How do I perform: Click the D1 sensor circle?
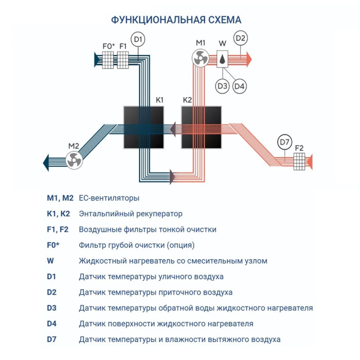138,39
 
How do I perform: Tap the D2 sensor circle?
241,38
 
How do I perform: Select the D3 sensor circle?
222,86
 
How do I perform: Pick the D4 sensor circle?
240,86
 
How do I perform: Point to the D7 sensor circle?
284,142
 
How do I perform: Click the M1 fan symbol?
200,59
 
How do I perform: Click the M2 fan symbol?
74,160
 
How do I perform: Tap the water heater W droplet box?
222,59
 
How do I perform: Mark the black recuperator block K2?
202,127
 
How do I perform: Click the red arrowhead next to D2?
248,59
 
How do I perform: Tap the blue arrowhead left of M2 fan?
45,161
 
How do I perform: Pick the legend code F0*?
53,245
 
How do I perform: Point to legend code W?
50,261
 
